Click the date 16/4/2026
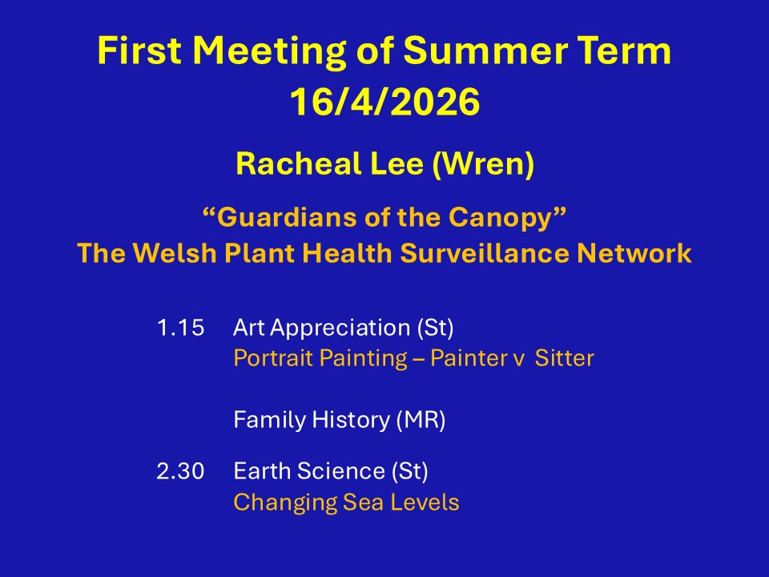[385, 102]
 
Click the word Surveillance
[485, 253]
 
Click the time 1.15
[180, 328]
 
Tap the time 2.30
[180, 471]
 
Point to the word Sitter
[564, 358]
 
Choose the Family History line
[340, 420]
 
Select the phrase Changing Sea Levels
[346, 502]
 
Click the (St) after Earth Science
[410, 471]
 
